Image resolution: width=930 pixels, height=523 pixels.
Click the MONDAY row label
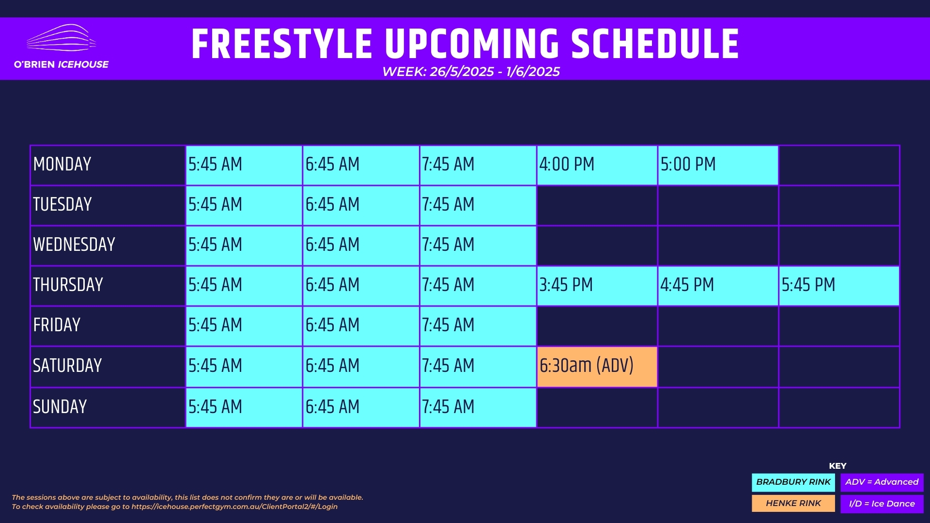62,165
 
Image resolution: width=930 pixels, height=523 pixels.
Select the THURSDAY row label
68,285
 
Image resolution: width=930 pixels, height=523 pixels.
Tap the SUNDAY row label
60,407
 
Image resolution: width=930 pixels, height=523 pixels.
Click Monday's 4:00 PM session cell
597,165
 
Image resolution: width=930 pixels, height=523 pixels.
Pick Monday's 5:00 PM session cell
718,165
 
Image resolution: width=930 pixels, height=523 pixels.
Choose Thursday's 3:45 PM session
597,286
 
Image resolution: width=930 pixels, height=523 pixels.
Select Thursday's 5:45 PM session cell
839,286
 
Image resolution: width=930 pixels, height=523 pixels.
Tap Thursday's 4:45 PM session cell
718,286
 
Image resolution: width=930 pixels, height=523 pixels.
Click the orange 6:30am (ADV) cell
597,367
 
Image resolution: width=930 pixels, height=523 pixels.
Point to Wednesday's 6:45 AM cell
361,246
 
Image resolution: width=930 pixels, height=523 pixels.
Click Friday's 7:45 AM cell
478,326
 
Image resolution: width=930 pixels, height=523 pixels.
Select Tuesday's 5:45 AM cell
244,205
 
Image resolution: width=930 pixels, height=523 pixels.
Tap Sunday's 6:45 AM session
361,407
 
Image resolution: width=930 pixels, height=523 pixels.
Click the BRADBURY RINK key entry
793,482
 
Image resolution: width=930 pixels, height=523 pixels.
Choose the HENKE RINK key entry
793,504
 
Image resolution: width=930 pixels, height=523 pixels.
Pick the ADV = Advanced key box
882,482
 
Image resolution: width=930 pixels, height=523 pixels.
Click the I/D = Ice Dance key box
882,504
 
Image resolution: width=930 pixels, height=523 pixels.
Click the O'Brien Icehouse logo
61,46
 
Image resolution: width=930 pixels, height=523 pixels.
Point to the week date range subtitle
471,72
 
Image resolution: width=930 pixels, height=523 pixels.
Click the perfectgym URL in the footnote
234,507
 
